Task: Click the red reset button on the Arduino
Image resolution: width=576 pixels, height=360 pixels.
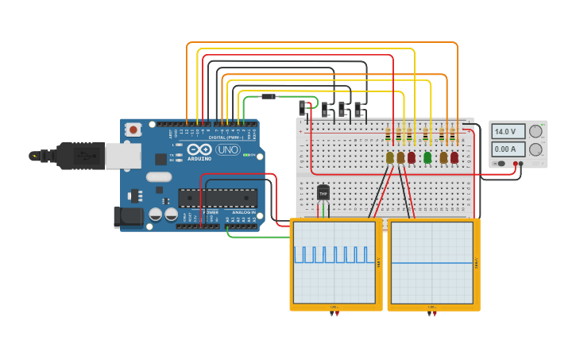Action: pos(133,129)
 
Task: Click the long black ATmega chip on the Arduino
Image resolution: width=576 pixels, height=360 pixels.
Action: pos(217,197)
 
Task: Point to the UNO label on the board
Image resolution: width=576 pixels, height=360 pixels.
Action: pos(228,149)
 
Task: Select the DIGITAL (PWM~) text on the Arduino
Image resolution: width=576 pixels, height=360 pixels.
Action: pos(226,137)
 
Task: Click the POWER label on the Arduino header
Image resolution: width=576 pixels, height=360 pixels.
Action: pos(211,213)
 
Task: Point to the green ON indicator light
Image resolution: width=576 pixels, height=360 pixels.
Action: pos(248,154)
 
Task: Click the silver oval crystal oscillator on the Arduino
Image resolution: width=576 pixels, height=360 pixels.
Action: pos(158,177)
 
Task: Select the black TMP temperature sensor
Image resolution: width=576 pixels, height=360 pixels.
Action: pos(323,192)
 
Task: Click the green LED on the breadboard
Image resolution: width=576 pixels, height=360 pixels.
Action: pos(427,157)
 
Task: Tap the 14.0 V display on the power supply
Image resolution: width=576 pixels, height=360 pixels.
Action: pos(508,131)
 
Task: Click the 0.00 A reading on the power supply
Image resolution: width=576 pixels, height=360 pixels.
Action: pos(508,149)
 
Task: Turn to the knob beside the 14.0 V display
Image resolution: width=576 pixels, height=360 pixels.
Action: pos(536,131)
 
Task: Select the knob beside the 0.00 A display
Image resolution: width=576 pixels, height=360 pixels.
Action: pos(536,149)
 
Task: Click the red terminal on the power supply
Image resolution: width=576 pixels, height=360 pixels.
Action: pos(516,164)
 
